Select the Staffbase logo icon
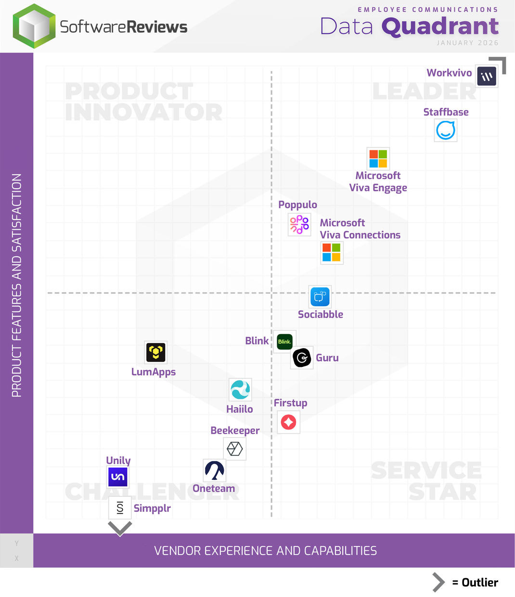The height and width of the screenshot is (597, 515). pyautogui.click(x=446, y=130)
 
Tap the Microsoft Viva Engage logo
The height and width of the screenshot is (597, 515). pyautogui.click(x=378, y=158)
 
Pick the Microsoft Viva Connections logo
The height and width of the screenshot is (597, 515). pyautogui.click(x=332, y=252)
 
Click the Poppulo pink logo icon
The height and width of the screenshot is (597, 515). pyautogui.click(x=299, y=224)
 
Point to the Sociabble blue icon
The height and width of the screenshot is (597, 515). pyautogui.click(x=320, y=297)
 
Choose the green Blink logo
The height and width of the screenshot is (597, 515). pyautogui.click(x=284, y=342)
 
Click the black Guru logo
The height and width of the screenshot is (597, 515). pyautogui.click(x=302, y=358)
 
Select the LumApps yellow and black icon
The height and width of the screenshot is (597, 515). pyautogui.click(x=156, y=352)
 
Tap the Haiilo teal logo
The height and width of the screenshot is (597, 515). pyautogui.click(x=240, y=389)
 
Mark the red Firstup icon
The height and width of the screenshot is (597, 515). pyautogui.click(x=288, y=422)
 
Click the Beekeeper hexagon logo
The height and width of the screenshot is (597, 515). pyautogui.click(x=235, y=449)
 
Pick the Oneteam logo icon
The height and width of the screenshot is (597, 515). pyautogui.click(x=215, y=470)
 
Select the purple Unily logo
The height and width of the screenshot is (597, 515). pyautogui.click(x=118, y=477)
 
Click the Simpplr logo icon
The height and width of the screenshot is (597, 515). pyautogui.click(x=120, y=508)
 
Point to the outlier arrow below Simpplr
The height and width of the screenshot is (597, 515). pyautogui.click(x=120, y=529)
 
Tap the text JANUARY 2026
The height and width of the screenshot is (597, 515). pyautogui.click(x=467, y=43)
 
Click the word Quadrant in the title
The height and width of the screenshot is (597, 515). pyautogui.click(x=440, y=26)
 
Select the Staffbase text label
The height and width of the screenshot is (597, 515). pyautogui.click(x=446, y=112)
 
